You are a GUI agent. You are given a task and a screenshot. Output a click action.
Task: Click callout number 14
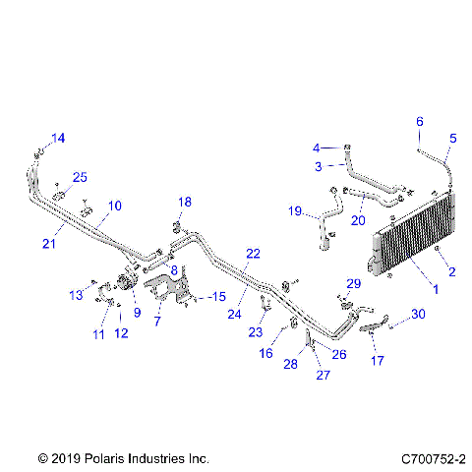click(x=58, y=138)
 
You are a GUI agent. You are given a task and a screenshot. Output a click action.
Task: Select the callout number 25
click(x=81, y=177)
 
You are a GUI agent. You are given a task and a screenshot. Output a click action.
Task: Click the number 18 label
click(x=184, y=202)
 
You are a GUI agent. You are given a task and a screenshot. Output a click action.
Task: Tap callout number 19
click(x=294, y=210)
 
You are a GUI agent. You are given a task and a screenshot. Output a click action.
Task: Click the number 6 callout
click(x=419, y=122)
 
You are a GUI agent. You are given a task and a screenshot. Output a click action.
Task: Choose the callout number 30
click(x=419, y=315)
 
